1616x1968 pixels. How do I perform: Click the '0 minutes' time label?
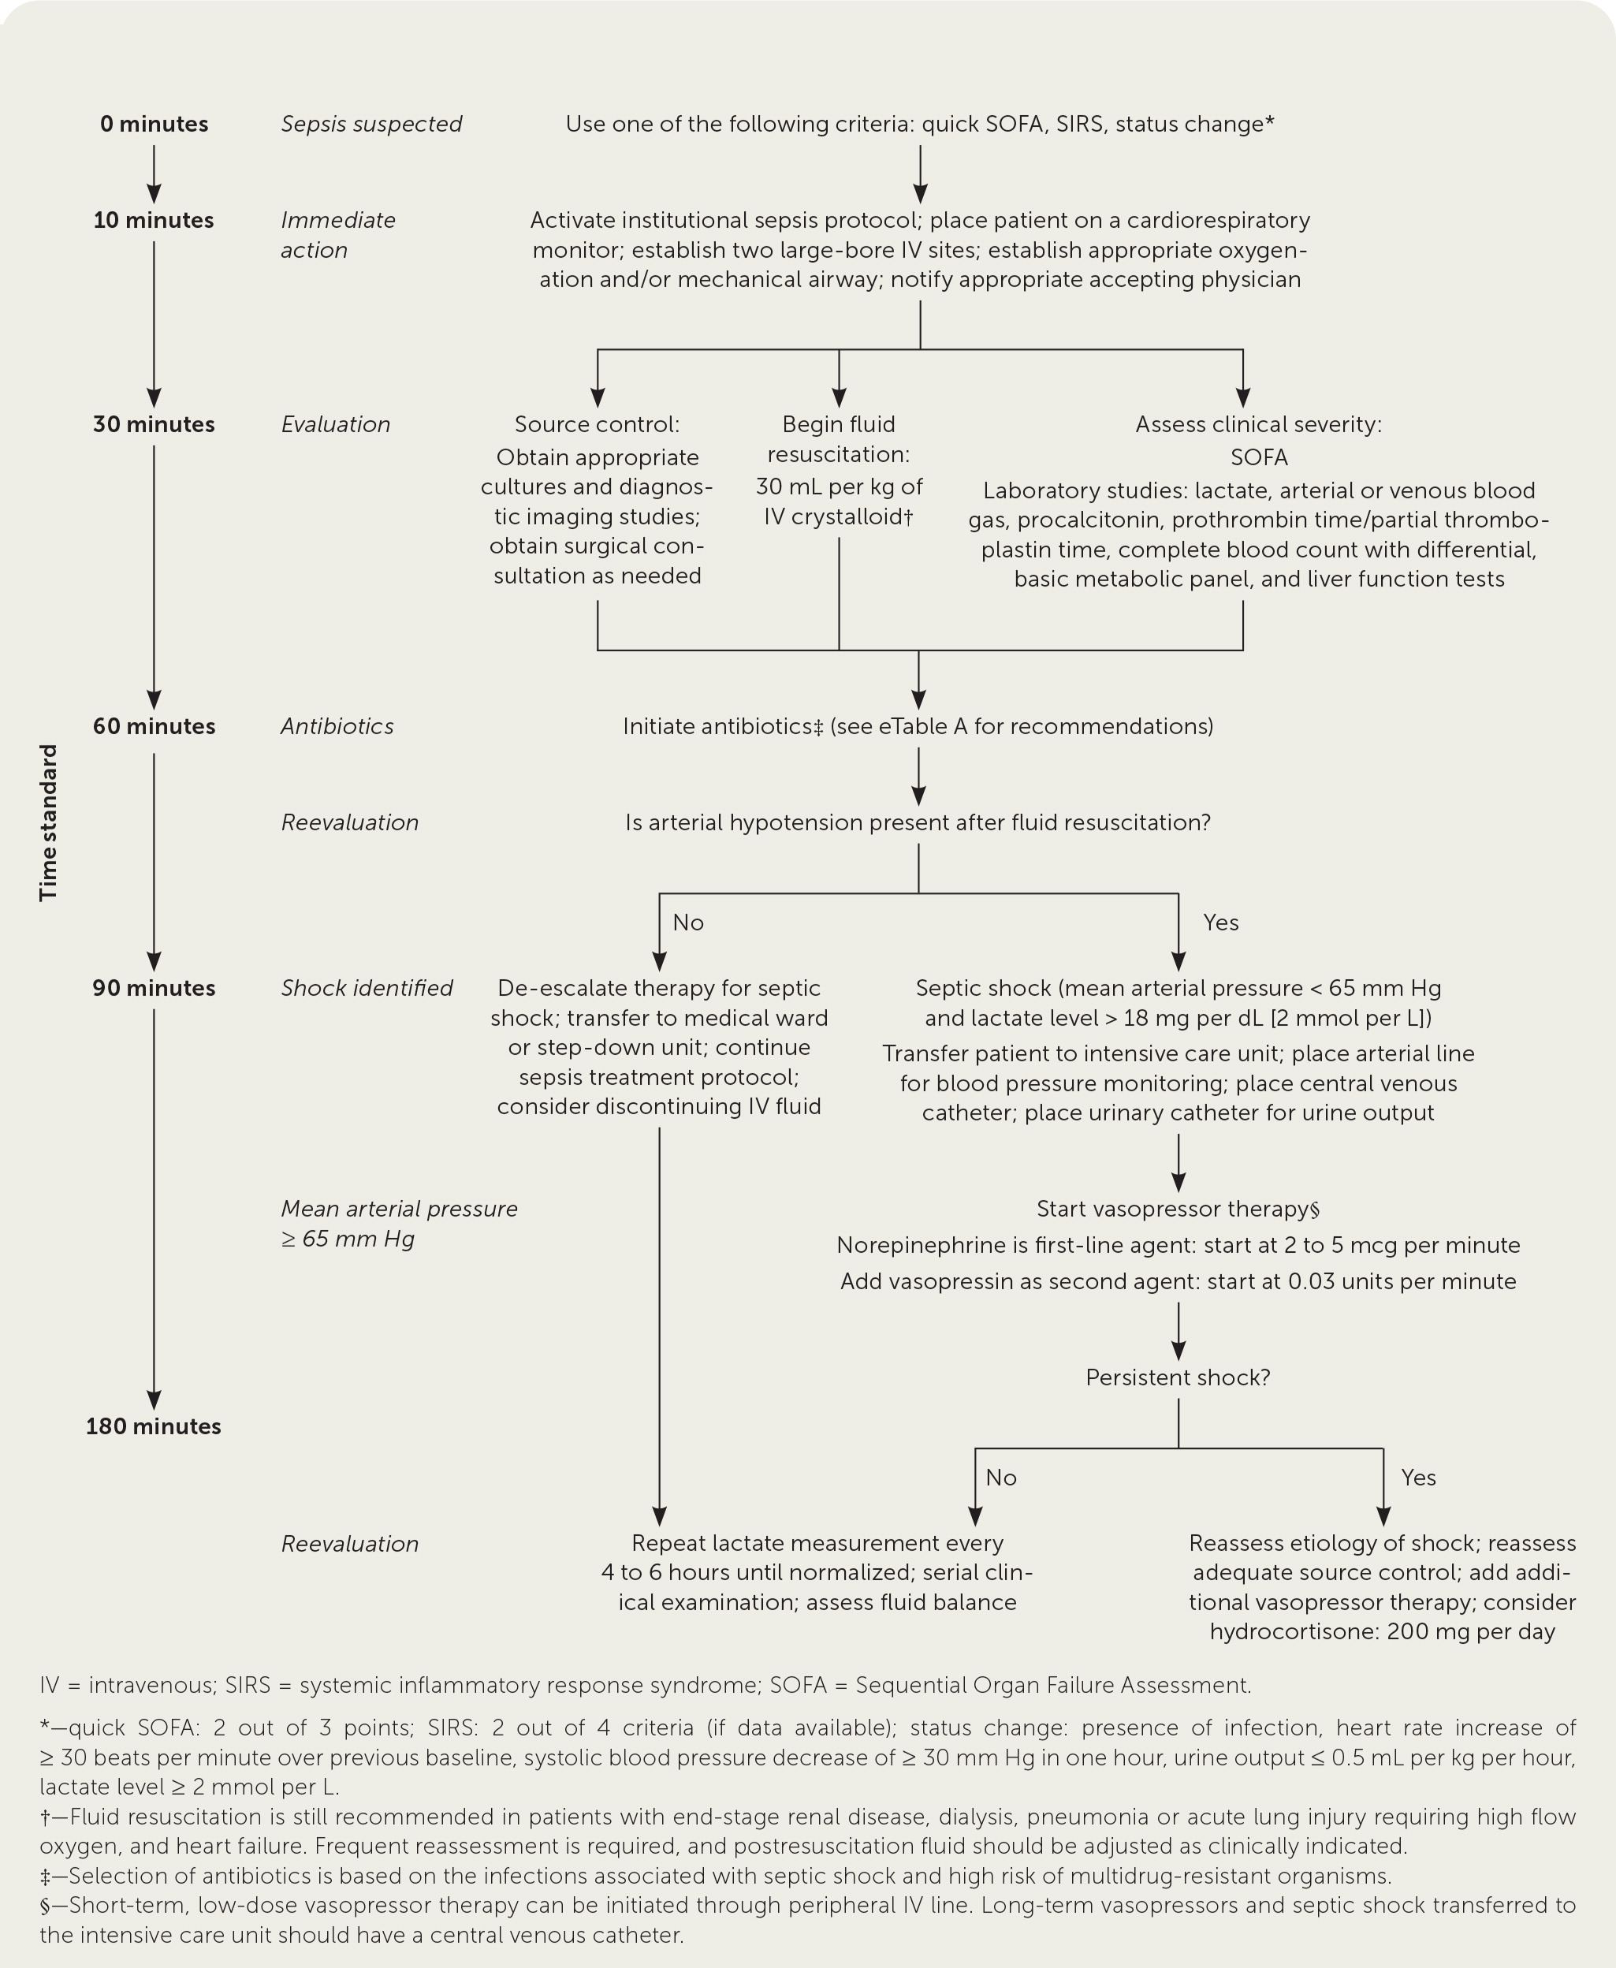tap(154, 124)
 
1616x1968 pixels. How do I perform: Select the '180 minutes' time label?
tap(154, 1426)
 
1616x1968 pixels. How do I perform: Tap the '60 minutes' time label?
tap(154, 726)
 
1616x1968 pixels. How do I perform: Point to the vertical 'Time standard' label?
tap(48, 822)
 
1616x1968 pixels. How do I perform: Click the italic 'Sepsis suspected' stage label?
tap(370, 124)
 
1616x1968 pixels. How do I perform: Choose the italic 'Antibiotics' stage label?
tap(337, 726)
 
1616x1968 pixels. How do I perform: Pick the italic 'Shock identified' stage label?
tap(367, 988)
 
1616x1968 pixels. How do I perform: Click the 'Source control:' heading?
tap(597, 424)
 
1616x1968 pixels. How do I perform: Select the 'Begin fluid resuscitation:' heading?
tap(839, 438)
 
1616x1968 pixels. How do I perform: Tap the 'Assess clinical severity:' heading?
tap(1259, 424)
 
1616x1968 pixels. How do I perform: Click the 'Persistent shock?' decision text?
tap(1178, 1377)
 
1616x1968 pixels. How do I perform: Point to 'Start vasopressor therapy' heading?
tap(1178, 1209)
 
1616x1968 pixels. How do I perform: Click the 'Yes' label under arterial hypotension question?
tap(1220, 922)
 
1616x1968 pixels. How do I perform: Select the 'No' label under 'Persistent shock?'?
tap(1000, 1478)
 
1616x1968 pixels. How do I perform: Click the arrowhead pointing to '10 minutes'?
tap(154, 194)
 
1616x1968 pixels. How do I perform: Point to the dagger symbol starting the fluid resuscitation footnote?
tap(45, 1817)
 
